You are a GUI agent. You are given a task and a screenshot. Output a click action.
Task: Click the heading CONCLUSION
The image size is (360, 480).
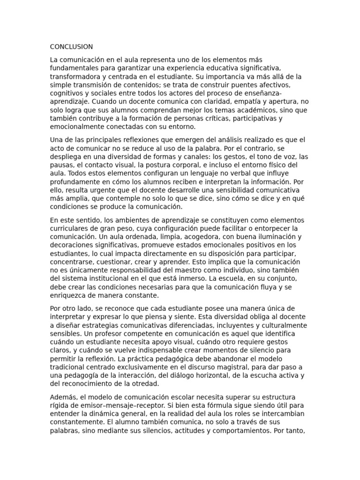tap(71, 47)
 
